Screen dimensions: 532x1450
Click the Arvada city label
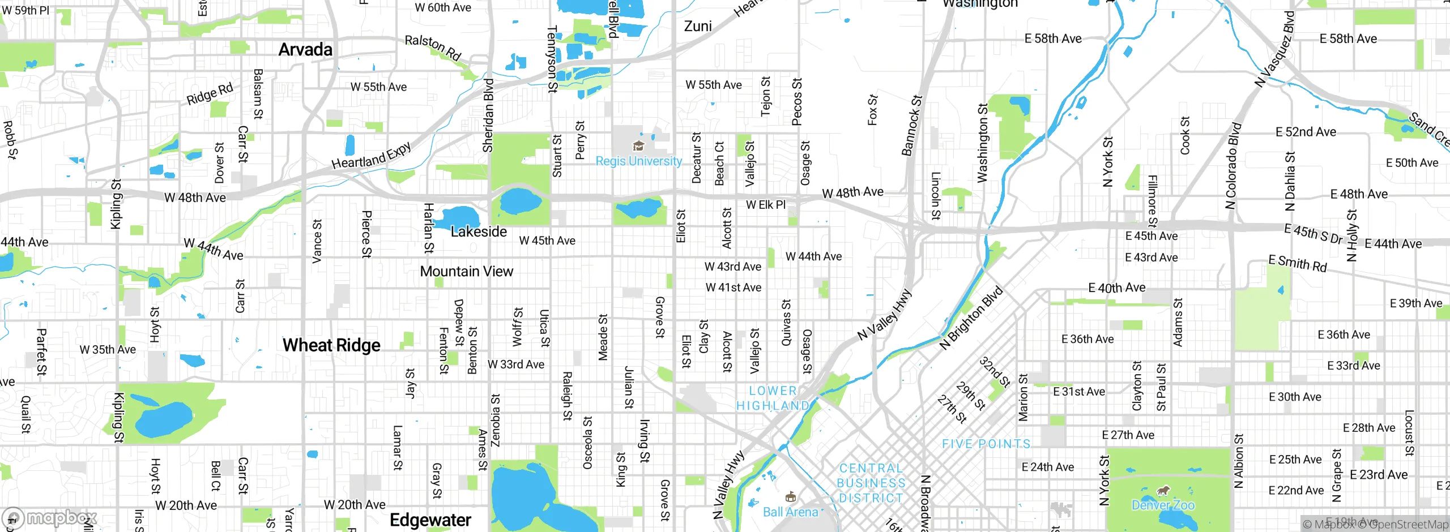coord(305,50)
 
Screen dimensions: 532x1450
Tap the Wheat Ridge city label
coord(331,345)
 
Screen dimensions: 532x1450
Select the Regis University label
coord(638,161)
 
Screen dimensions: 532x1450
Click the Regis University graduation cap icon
coord(638,146)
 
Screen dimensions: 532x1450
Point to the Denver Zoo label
coord(1163,505)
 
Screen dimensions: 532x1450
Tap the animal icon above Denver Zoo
coord(1163,490)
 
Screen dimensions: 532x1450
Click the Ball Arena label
coord(790,512)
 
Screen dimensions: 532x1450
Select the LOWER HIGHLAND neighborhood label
coord(773,398)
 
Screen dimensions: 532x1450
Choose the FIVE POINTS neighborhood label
coord(986,444)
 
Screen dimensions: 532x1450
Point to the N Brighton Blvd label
coord(971,318)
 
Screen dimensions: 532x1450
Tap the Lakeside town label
coord(479,231)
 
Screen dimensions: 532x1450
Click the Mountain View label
coord(466,272)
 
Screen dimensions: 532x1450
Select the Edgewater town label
coord(430,520)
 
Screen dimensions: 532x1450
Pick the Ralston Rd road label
coord(433,48)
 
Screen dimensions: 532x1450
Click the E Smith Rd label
coord(1298,263)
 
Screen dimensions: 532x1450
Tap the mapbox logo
coord(50,518)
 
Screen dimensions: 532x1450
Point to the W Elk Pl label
coord(766,205)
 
